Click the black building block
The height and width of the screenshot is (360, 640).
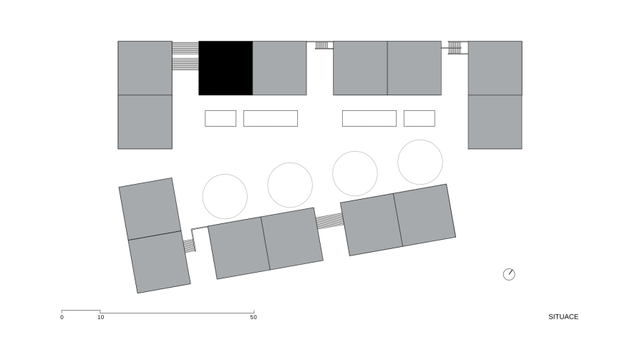[x=226, y=68]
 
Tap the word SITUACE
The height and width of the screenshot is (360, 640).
[x=563, y=317]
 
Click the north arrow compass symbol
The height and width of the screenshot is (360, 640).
[x=509, y=274]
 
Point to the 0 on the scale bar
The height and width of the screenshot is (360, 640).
[x=62, y=317]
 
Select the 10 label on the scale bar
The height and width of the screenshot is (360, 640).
[x=101, y=317]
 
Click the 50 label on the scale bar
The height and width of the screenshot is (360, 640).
[x=253, y=317]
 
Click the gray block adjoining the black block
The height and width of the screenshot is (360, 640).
[x=280, y=68]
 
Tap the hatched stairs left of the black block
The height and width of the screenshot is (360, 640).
[x=185, y=56]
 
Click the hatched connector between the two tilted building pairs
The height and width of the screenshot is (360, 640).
[x=330, y=221]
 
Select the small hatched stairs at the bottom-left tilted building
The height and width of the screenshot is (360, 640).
[x=189, y=245]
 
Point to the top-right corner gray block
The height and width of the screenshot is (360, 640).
[x=495, y=68]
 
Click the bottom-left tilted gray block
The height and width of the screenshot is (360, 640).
[x=160, y=262]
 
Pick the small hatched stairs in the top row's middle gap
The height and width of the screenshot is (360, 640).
[x=321, y=45]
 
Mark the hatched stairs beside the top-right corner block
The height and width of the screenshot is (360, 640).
[x=455, y=48]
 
